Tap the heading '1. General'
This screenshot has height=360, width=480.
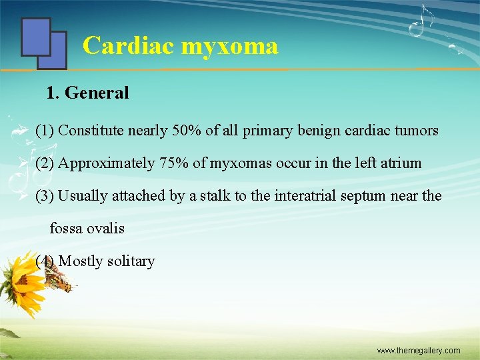[x=87, y=93]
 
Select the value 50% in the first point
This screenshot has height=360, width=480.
[x=187, y=131]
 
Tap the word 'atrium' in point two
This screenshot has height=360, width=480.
[x=400, y=163]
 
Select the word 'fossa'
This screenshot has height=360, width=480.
[x=65, y=229]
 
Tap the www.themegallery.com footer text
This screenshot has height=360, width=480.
[x=418, y=350]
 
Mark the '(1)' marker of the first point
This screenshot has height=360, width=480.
[x=45, y=131]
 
